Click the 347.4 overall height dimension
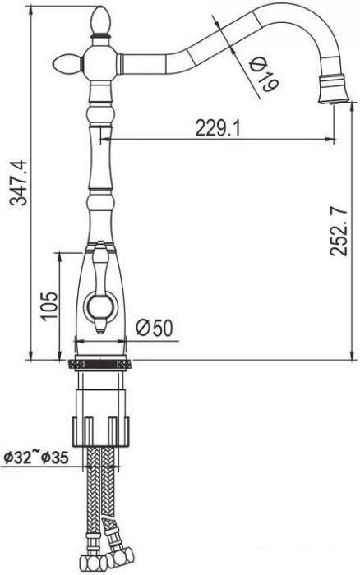[x=13, y=182]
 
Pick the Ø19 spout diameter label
[x=262, y=73]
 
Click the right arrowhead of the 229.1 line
[x=331, y=140]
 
